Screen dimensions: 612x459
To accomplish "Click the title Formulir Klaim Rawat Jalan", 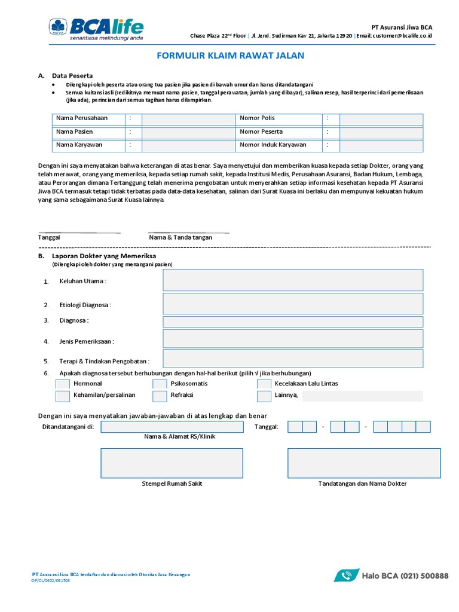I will pyautogui.click(x=230, y=56).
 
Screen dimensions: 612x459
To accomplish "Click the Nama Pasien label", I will pyautogui.click(x=75, y=131).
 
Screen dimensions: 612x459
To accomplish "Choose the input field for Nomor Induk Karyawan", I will pyautogui.click(x=381, y=145).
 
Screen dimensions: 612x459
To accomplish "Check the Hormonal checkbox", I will pyautogui.click(x=63, y=384).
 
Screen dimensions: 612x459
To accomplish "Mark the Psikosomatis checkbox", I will pyautogui.click(x=160, y=384).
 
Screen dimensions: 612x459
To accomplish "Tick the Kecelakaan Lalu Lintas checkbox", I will pyautogui.click(x=264, y=384).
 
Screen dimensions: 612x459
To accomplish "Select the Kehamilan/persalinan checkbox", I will pyautogui.click(x=63, y=396).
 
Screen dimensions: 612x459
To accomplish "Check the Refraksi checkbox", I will pyautogui.click(x=160, y=396).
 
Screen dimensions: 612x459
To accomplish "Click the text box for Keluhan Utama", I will pyautogui.click(x=293, y=280).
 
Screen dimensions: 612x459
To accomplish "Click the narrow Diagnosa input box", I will pyautogui.click(x=293, y=322).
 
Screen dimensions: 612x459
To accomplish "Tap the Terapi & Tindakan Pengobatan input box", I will pyautogui.click(x=293, y=359).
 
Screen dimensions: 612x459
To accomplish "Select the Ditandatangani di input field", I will pyautogui.click(x=172, y=427).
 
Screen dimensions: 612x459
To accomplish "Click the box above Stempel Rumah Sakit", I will pyautogui.click(x=172, y=463).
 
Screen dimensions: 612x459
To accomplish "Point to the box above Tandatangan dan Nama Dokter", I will pyautogui.click(x=359, y=463).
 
